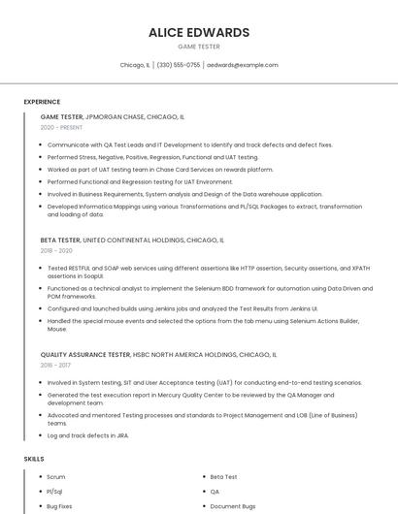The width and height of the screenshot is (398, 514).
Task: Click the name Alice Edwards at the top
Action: pos(199,32)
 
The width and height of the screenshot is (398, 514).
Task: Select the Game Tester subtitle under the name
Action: pos(199,47)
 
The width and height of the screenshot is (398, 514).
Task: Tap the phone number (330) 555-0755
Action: pos(179,65)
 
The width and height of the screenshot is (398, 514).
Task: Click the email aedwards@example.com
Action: pos(243,65)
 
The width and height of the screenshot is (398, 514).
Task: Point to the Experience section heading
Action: pos(42,102)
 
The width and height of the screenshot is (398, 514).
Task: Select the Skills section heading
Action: pos(33,458)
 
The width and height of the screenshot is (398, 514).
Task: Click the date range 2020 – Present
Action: pos(61,128)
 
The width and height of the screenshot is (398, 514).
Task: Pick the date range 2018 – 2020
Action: pos(57,250)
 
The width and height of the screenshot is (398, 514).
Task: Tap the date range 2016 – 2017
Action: pos(56,366)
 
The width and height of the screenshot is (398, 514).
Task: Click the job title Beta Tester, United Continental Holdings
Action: pos(132,240)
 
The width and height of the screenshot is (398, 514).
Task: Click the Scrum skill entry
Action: pos(56,477)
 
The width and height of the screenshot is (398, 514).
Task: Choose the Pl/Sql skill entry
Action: pos(55,492)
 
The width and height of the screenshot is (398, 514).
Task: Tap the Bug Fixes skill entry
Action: pos(60,506)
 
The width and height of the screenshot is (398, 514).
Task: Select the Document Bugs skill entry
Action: pos(233,506)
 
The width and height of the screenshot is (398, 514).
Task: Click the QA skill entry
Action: pos(215,492)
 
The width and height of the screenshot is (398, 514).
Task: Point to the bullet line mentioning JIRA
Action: pos(88,435)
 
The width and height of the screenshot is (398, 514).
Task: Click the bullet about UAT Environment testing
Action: pos(140,181)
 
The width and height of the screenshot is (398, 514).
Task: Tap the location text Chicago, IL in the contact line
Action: pos(135,65)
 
